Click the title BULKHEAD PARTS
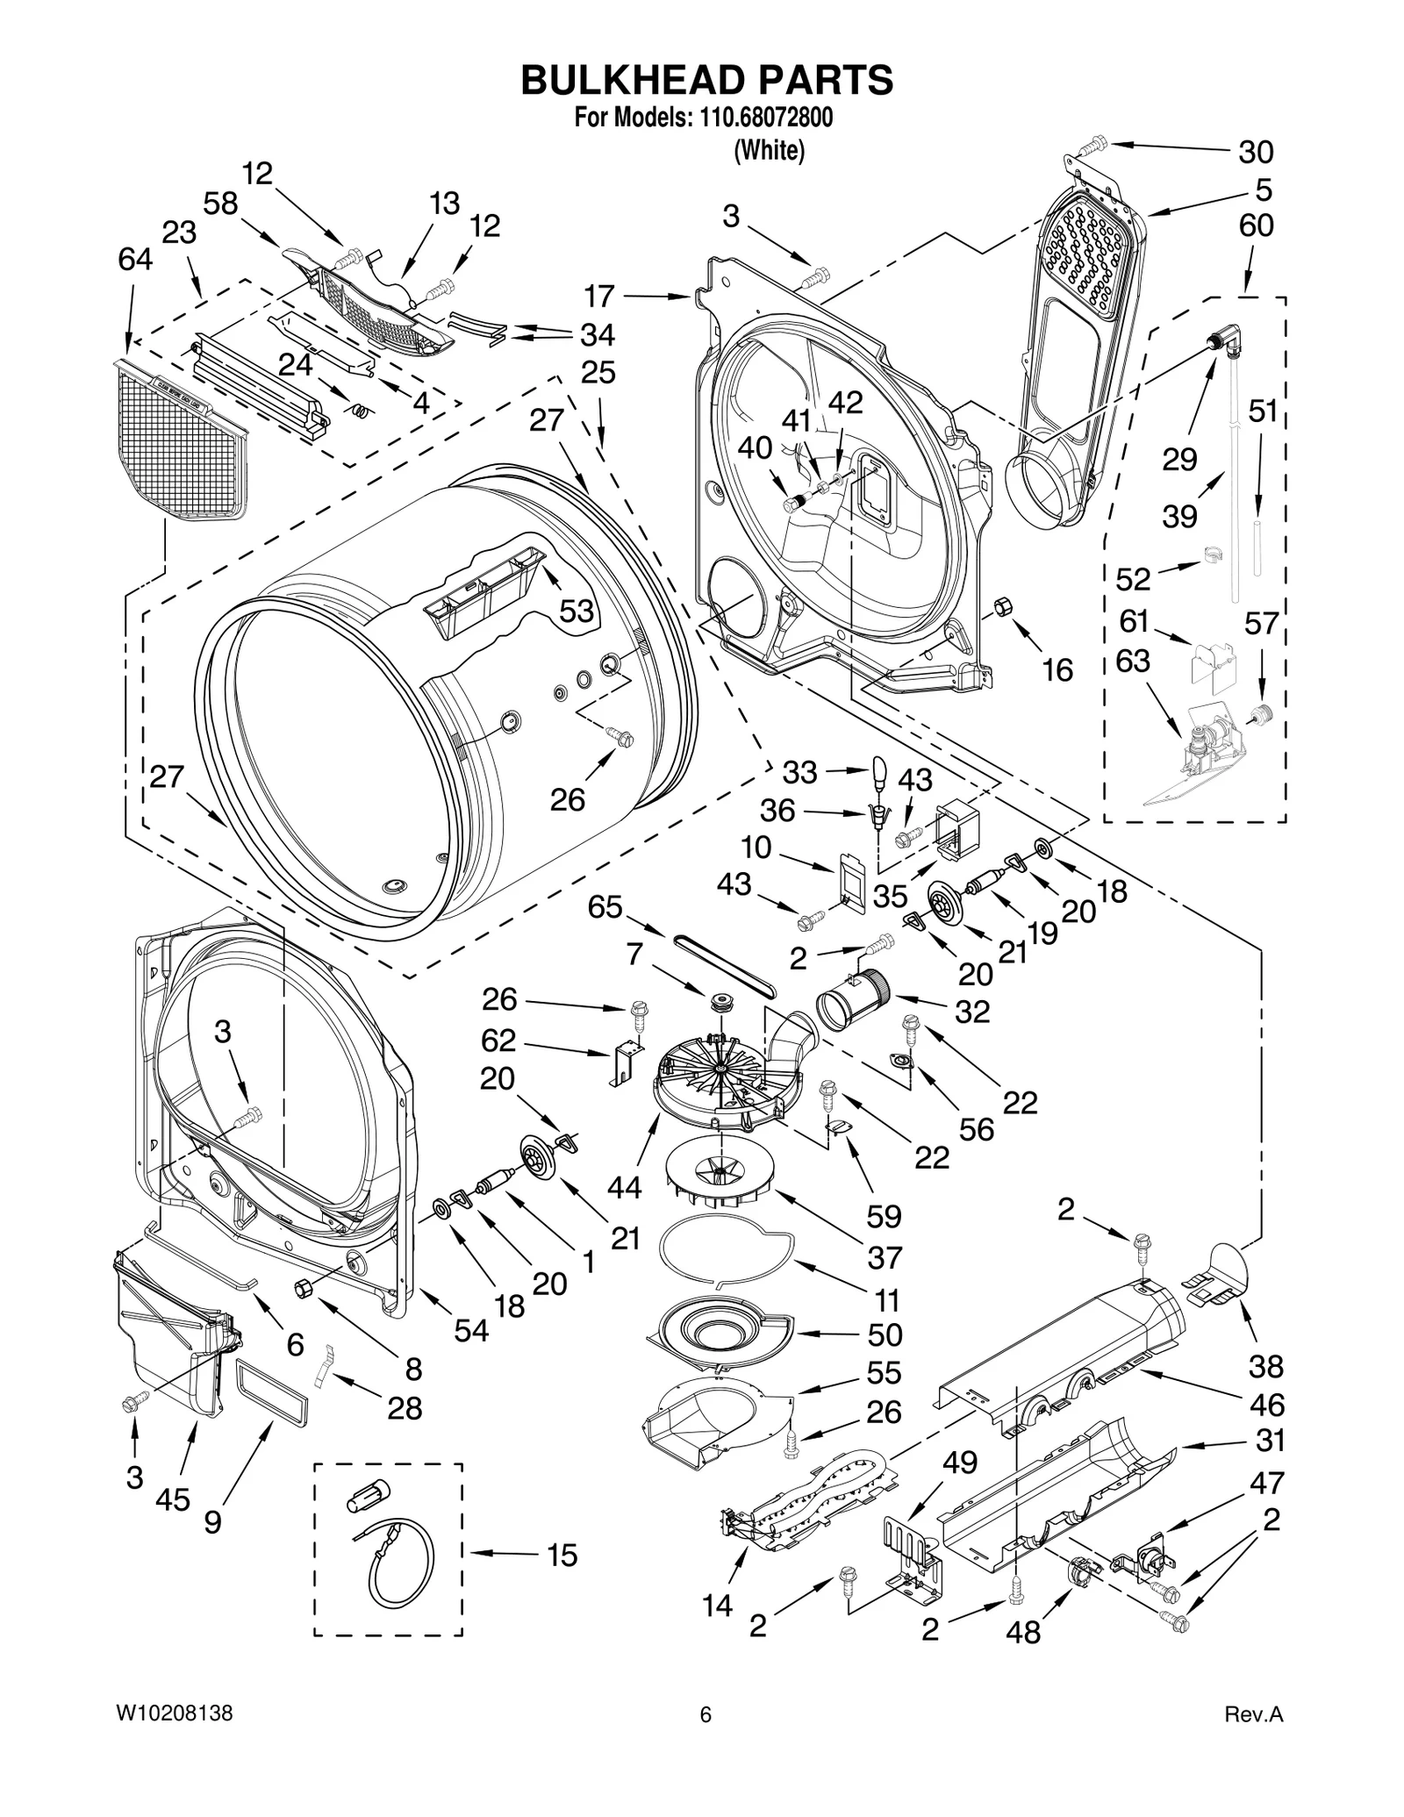pyautogui.click(x=706, y=80)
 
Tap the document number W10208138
pyautogui.click(x=175, y=1738)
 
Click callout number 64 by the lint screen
pyautogui.click(x=136, y=260)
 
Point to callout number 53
pyautogui.click(x=577, y=612)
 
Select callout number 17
pyautogui.click(x=600, y=297)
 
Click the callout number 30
pyautogui.click(x=1255, y=152)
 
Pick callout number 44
pyautogui.click(x=625, y=1187)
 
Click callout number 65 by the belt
pyautogui.click(x=605, y=907)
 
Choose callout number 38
pyautogui.click(x=1265, y=1366)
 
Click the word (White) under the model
pyautogui.click(x=769, y=151)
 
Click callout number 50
pyautogui.click(x=884, y=1334)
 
